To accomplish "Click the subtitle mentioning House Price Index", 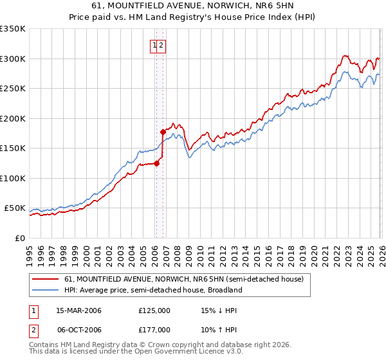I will coord(193,18).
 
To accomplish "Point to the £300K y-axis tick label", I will coord(13,59).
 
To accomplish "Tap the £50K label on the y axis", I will coord(15,208).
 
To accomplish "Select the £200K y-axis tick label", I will coord(13,118).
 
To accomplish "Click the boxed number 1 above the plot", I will coord(155,45).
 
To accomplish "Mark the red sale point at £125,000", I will coord(156,163).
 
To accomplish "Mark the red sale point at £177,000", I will coord(163,132).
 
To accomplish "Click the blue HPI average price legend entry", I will coord(152,290).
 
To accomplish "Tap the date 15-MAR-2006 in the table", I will coord(78,310).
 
